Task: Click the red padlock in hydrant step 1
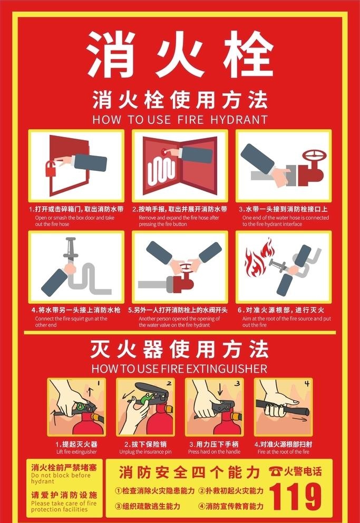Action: pyautogui.click(x=51, y=169)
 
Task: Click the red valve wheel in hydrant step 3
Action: pyautogui.click(x=313, y=157)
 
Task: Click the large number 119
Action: pyautogui.click(x=295, y=497)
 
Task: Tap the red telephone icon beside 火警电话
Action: pyautogui.click(x=275, y=471)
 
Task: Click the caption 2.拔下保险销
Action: pyautogui.click(x=146, y=444)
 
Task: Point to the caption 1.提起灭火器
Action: pyautogui.click(x=76, y=444)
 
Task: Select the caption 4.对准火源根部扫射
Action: pyautogui.click(x=283, y=444)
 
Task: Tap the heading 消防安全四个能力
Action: pyautogui.click(x=190, y=471)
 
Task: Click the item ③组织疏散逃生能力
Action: pyautogui.click(x=148, y=506)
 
